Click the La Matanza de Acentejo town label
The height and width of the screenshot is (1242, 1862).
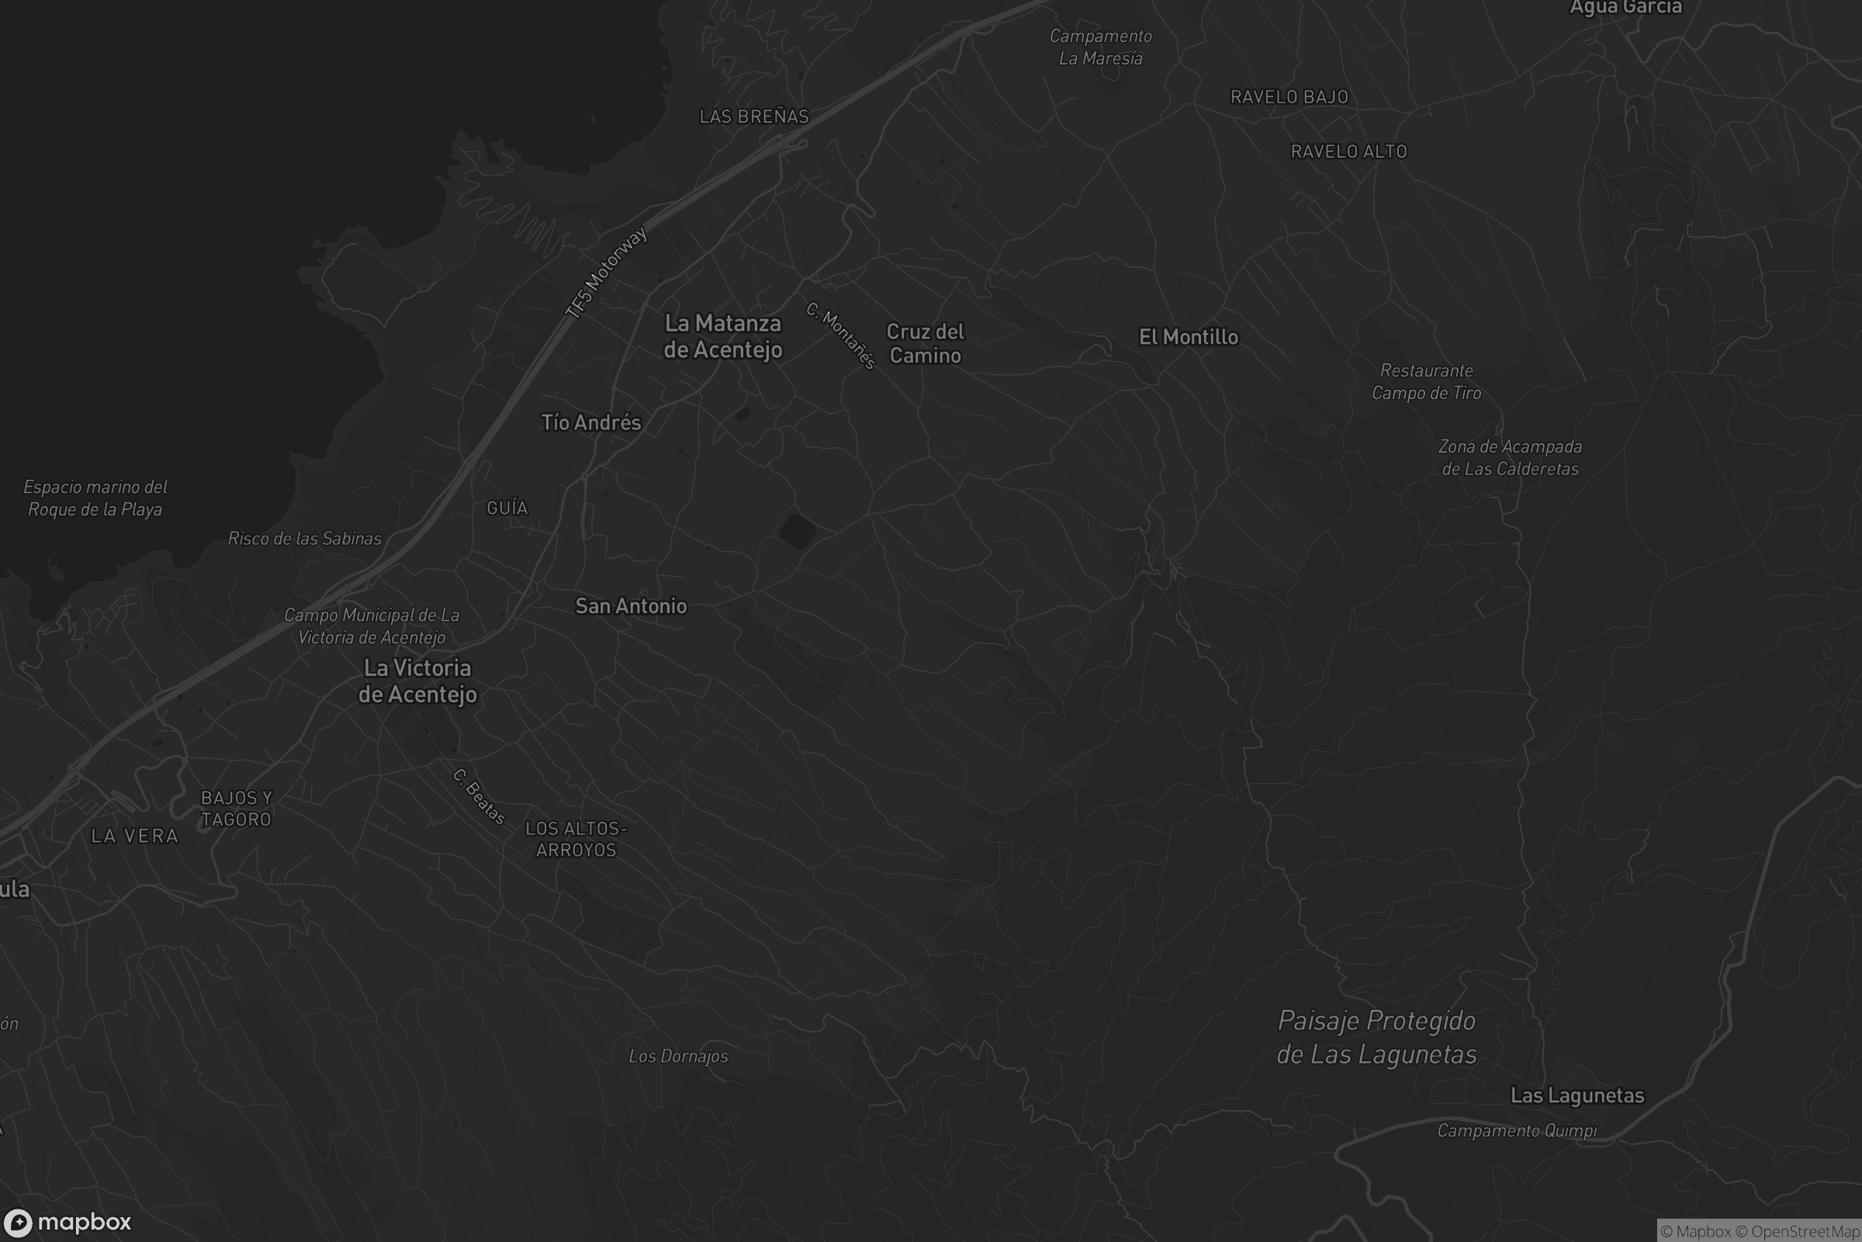pyautogui.click(x=723, y=337)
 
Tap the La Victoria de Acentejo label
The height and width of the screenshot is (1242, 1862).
pyautogui.click(x=417, y=682)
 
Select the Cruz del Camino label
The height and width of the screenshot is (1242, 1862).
pyautogui.click(x=925, y=343)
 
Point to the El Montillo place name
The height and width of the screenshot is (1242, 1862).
pyautogui.click(x=1189, y=338)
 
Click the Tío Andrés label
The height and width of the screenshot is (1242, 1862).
pyautogui.click(x=590, y=423)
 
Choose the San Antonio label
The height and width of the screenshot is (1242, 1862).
pyautogui.click(x=631, y=607)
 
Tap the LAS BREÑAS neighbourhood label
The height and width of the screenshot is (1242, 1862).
pyautogui.click(x=753, y=117)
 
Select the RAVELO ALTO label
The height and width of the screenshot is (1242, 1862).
pyautogui.click(x=1348, y=152)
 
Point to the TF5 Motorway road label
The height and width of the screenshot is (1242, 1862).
pyautogui.click(x=607, y=273)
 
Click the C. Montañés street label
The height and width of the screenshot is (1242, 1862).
pyautogui.click(x=841, y=336)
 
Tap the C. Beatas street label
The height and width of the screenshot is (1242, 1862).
pyautogui.click(x=479, y=797)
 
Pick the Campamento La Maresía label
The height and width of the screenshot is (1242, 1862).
pyautogui.click(x=1100, y=47)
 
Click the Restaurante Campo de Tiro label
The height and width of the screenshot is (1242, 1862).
pyautogui.click(x=1426, y=382)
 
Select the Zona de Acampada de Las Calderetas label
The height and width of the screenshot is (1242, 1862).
pyautogui.click(x=1510, y=458)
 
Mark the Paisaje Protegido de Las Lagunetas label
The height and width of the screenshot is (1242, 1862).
pyautogui.click(x=1376, y=1038)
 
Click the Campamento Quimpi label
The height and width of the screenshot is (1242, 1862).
pyautogui.click(x=1517, y=1131)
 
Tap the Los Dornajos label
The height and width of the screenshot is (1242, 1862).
pyautogui.click(x=678, y=1056)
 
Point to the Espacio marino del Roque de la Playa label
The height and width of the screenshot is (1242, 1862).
pyautogui.click(x=95, y=498)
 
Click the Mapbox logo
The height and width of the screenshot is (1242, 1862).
pyautogui.click(x=67, y=1222)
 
